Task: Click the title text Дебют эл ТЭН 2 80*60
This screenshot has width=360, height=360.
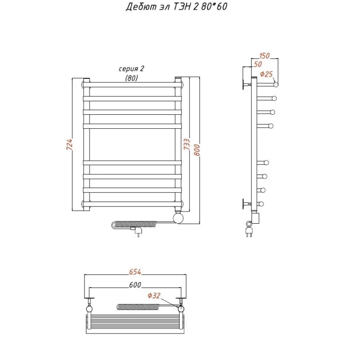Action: [176, 7]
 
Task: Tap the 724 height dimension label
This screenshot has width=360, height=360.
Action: [69, 144]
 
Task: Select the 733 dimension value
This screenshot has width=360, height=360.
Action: [187, 144]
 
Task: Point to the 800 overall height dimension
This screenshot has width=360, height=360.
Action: [197, 150]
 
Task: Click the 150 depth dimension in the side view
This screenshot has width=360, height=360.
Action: [265, 56]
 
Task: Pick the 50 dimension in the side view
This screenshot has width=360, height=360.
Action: [258, 64]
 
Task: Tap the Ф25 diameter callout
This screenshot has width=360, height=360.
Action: [266, 74]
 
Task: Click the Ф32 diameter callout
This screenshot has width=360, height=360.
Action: [154, 296]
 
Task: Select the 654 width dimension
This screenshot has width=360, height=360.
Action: [135, 272]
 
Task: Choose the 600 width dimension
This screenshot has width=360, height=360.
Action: [135, 285]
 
